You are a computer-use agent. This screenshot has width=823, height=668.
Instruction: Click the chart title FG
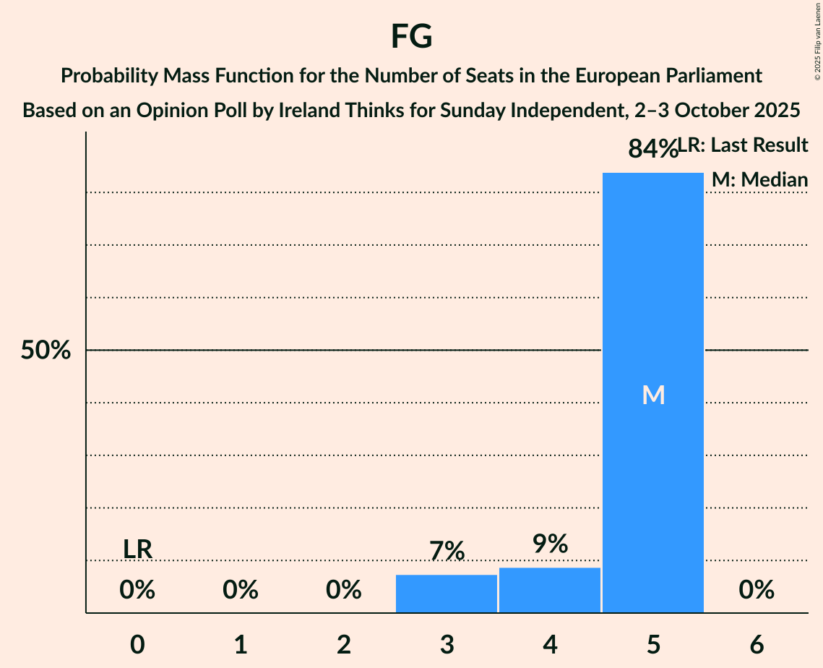pos(411,36)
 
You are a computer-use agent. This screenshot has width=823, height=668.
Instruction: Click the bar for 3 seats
pos(447,594)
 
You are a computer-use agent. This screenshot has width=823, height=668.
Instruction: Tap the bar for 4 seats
pos(550,590)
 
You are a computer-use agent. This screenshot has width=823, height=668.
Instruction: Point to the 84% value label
pos(652,149)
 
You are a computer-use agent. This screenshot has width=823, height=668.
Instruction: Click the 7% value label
pos(447,552)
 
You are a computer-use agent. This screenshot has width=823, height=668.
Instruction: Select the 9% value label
pos(550,544)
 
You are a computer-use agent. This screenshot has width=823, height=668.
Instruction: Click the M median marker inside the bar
pos(653,395)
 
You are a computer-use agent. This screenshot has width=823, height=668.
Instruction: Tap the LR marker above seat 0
pos(137,549)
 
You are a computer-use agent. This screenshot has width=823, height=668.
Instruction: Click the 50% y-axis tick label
pos(46,351)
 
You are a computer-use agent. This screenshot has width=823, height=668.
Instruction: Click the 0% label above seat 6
pos(757,591)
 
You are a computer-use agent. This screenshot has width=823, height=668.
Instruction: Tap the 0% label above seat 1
pos(241,591)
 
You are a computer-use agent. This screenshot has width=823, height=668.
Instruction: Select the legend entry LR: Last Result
pos(744,145)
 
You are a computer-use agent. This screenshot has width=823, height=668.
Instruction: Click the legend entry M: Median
pos(759,179)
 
